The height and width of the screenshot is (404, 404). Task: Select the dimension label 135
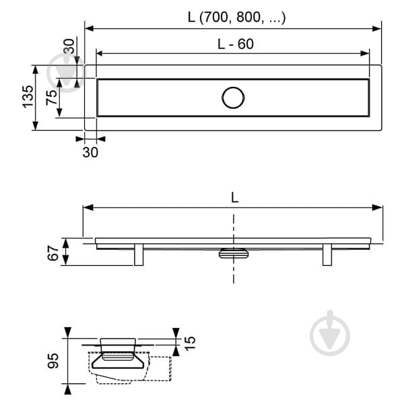pyautogui.click(x=28, y=96)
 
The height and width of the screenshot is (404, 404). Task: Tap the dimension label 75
pyautogui.click(x=52, y=97)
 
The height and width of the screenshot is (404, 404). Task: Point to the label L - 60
pyautogui.click(x=236, y=44)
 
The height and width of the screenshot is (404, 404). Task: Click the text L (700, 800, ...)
pyautogui.click(x=236, y=18)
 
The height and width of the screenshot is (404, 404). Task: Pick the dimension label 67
pyautogui.click(x=53, y=253)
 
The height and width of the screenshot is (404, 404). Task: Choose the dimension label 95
pyautogui.click(x=53, y=361)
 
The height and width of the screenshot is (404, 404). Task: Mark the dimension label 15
pyautogui.click(x=190, y=343)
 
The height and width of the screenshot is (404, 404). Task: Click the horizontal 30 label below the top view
pyautogui.click(x=90, y=152)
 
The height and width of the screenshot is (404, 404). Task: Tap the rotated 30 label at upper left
pyautogui.click(x=69, y=46)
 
